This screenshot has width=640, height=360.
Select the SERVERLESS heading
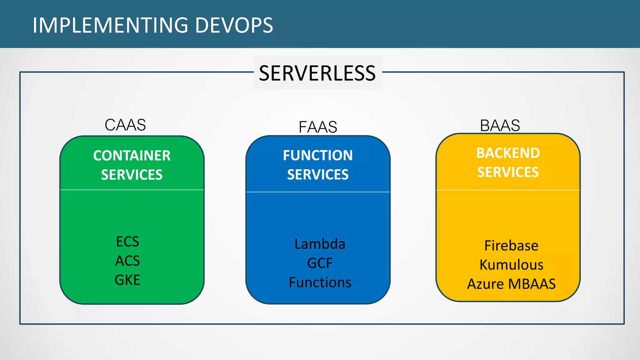point(317,73)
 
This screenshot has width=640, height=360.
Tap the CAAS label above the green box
point(125,125)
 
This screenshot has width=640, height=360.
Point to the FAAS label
point(318,127)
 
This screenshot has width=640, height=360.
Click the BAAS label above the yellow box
point(500,126)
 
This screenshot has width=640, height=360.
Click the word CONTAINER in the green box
point(132,156)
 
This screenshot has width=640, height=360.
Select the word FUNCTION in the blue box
point(318,155)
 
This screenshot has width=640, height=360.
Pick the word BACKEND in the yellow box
point(508,153)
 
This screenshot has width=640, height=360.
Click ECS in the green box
point(127,242)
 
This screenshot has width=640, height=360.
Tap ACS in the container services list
point(127,261)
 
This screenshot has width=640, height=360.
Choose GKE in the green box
point(127,280)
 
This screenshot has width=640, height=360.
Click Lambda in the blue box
point(320,244)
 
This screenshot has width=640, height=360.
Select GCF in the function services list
point(320,263)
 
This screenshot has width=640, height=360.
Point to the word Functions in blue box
point(320,282)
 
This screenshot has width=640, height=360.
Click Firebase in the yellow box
point(511,246)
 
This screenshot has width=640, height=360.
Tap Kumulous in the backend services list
point(511,265)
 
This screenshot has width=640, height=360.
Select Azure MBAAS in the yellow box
point(511,284)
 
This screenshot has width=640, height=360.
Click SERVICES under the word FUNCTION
point(318,174)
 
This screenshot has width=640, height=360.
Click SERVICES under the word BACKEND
point(508,172)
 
